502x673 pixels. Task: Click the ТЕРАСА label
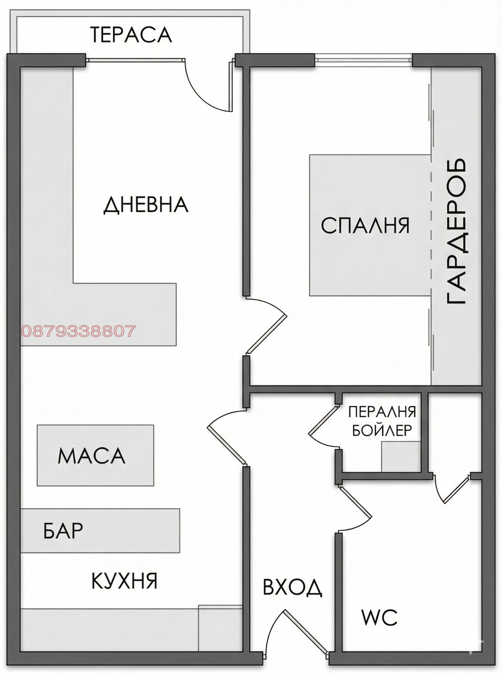(131, 35)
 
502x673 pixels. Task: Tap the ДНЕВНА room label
(146, 205)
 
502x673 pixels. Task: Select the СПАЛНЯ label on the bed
(365, 225)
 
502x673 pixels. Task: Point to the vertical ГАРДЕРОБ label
(456, 231)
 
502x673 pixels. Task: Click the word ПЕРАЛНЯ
(382, 412)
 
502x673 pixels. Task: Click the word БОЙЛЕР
(382, 431)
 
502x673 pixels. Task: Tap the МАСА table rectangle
(95, 455)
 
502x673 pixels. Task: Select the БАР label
(63, 531)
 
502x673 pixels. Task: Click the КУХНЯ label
(124, 581)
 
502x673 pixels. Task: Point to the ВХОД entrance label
(292, 587)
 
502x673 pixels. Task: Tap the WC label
(379, 617)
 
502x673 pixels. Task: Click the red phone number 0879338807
(78, 331)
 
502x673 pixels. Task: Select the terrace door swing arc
(204, 93)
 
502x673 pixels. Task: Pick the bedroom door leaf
(266, 334)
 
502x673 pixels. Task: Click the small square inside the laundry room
(401, 457)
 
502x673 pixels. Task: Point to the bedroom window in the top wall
(363, 60)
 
